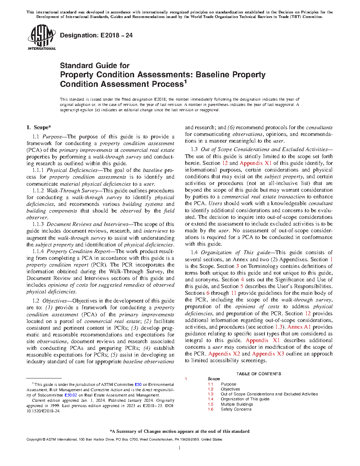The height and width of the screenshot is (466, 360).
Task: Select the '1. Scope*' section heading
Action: tap(38, 127)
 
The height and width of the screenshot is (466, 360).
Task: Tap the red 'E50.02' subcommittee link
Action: tap(71, 395)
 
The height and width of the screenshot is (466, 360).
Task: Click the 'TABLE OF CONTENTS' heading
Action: tap(259, 374)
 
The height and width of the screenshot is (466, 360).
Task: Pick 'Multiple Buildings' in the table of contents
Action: tap(237, 404)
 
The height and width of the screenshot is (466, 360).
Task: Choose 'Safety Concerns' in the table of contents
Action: tap(236, 409)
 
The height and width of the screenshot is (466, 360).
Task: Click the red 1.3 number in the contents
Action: tap(211, 394)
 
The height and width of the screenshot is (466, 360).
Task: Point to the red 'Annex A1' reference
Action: tap(299, 327)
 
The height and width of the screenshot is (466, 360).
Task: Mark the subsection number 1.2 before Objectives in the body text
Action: tap(36, 301)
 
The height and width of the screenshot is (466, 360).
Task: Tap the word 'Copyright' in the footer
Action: tap(34, 440)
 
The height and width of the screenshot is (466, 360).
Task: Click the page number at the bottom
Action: tap(180, 448)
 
